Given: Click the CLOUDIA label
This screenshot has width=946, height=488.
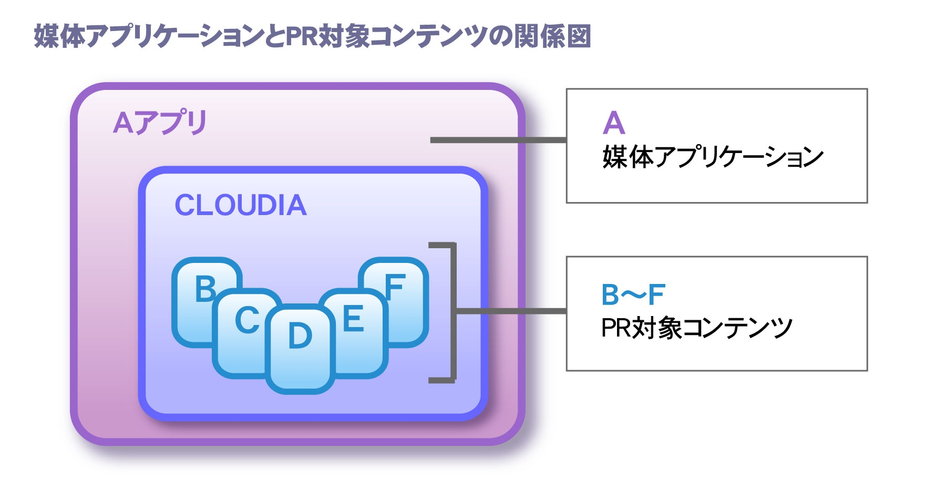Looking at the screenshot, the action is (x=241, y=205).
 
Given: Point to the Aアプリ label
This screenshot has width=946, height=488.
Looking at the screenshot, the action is (x=160, y=123).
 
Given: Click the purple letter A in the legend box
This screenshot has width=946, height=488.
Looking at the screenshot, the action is (x=614, y=124).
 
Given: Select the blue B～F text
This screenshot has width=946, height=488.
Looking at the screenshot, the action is (x=633, y=295).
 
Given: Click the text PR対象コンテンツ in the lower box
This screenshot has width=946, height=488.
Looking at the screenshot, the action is (x=697, y=328).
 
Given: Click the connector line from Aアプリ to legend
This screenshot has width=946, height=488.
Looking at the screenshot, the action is (x=498, y=140).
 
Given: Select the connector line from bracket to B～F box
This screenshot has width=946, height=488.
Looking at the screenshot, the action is (x=511, y=311).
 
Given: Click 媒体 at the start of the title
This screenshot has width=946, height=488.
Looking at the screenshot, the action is (x=59, y=36).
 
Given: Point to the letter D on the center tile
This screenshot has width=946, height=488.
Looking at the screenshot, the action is (x=300, y=335).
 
